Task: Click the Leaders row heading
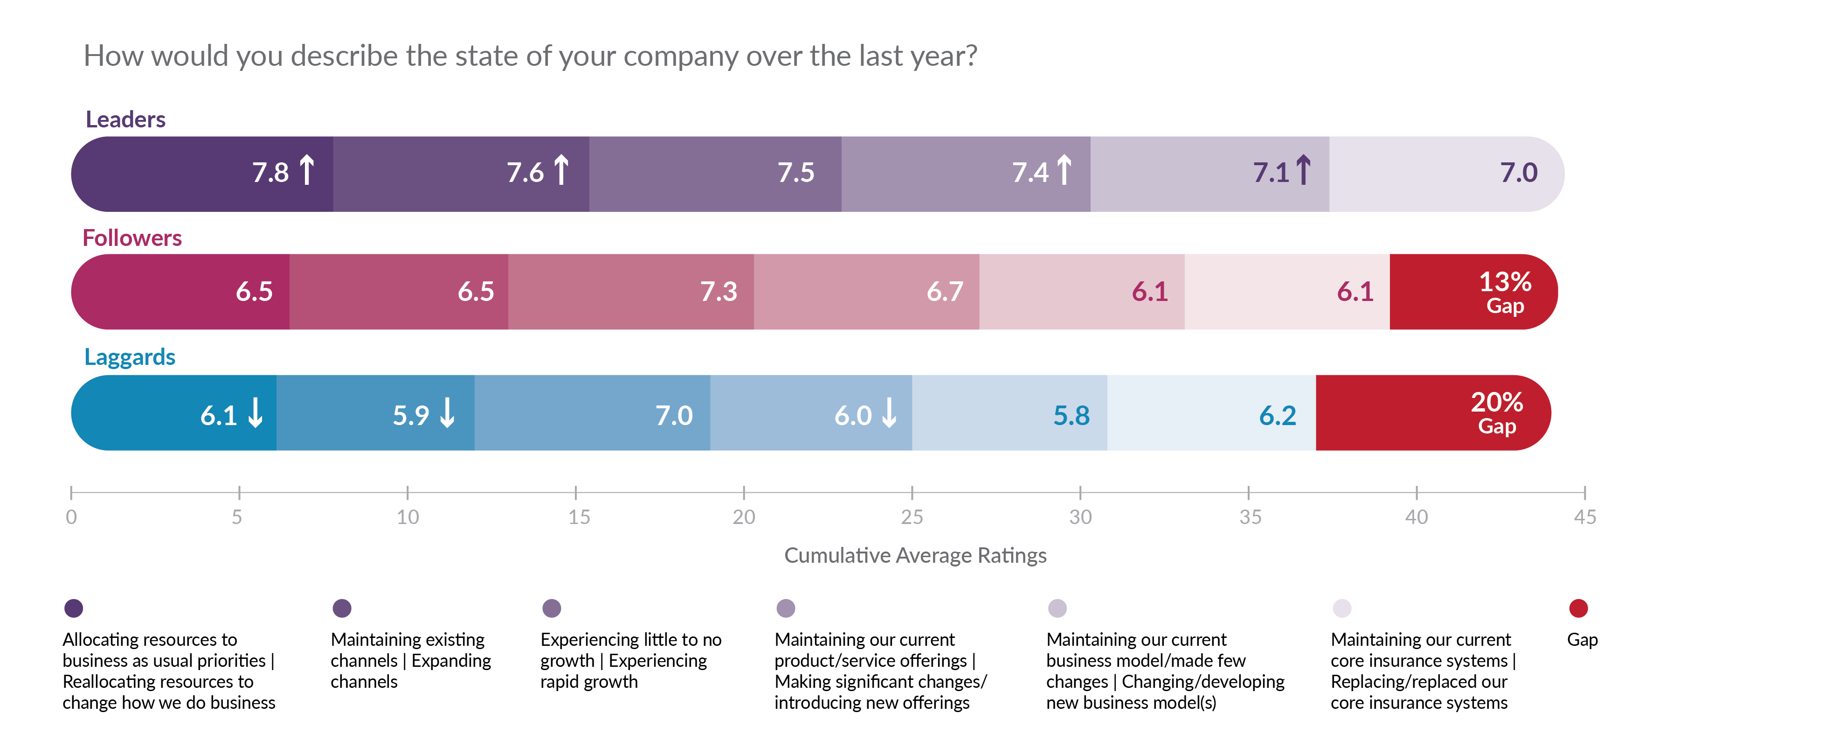pyautogui.click(x=125, y=119)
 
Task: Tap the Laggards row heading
pyautogui.click(x=130, y=357)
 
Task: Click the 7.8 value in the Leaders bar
pyautogui.click(x=270, y=173)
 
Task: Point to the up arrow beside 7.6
pyautogui.click(x=561, y=170)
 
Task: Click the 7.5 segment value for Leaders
pyautogui.click(x=796, y=173)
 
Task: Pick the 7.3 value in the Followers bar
pyautogui.click(x=718, y=292)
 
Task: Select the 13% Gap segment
pyautogui.click(x=1505, y=292)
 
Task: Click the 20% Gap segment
pyautogui.click(x=1496, y=412)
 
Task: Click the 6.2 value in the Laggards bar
pyautogui.click(x=1278, y=416)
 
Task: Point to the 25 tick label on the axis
pyautogui.click(x=911, y=517)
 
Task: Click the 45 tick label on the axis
pyautogui.click(x=1585, y=517)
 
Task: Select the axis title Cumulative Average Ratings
pyautogui.click(x=915, y=555)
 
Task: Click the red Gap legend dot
pyautogui.click(x=1578, y=608)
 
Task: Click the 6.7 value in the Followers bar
pyautogui.click(x=945, y=292)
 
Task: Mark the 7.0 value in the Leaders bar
pyautogui.click(x=1518, y=173)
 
